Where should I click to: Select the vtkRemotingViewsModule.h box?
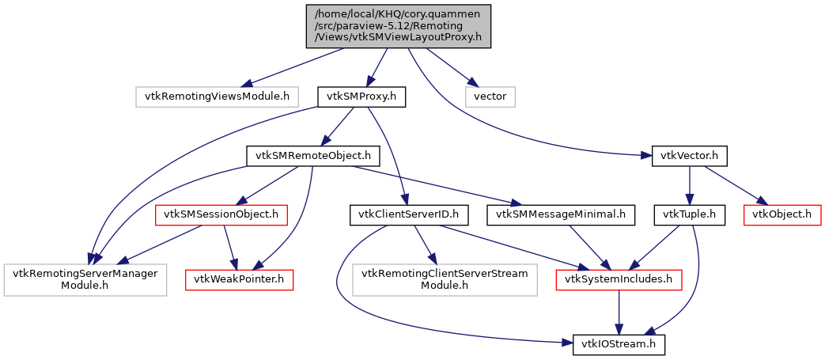click(x=216, y=97)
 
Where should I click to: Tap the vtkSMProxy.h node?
click(x=361, y=97)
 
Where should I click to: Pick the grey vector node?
click(x=490, y=97)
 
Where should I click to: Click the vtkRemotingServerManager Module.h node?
click(x=85, y=279)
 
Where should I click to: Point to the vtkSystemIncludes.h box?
click(x=619, y=279)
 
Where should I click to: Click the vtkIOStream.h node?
click(x=619, y=345)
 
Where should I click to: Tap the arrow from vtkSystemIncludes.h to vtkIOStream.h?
click(x=619, y=312)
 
